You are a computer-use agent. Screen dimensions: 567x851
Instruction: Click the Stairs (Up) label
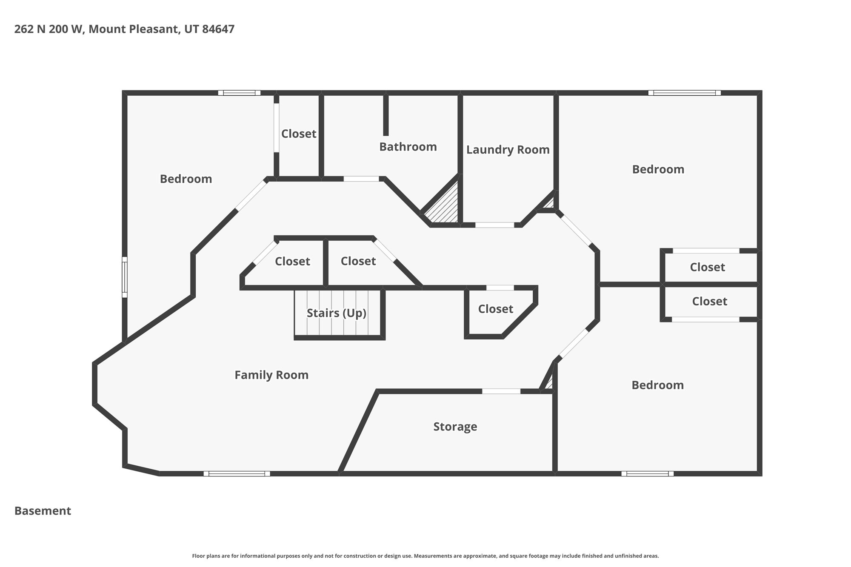pos(336,313)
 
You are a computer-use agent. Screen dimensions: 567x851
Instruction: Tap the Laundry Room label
pos(508,150)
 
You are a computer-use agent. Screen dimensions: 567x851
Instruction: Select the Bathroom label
pos(408,147)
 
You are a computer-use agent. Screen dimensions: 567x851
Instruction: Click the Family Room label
pos(271,375)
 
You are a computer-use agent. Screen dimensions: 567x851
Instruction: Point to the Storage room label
pos(455,427)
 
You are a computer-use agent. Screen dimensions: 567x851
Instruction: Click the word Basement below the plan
pos(43,511)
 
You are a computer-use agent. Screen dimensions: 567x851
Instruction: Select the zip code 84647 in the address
pos(218,29)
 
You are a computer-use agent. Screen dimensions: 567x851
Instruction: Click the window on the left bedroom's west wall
pos(125,277)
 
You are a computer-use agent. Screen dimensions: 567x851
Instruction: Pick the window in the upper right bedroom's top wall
pos(684,93)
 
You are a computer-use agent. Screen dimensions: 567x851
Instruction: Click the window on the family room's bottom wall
pos(237,473)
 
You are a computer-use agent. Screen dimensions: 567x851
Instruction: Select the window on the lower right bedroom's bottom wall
pos(647,473)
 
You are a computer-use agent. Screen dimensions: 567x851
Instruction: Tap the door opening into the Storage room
pos(501,391)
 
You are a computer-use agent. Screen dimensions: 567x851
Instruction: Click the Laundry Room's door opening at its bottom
pos(494,225)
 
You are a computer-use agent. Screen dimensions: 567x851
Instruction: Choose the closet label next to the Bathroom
pos(299,134)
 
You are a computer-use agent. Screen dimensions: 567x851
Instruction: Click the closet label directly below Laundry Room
pos(495,309)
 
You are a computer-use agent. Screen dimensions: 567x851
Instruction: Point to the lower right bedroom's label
pos(657,385)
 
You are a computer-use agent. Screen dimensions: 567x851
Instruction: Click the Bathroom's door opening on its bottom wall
pos(361,179)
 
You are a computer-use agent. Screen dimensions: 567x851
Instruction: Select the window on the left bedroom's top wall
pos(239,93)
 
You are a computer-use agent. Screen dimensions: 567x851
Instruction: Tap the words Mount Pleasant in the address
pos(133,29)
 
